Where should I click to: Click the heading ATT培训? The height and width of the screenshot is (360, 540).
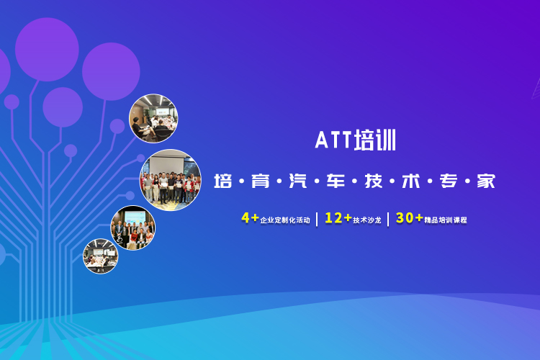[x=356, y=140]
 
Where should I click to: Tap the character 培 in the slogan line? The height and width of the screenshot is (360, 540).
[x=222, y=181]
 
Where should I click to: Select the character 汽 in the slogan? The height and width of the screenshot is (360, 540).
[x=298, y=181]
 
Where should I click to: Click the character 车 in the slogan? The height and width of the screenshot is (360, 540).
[x=336, y=181]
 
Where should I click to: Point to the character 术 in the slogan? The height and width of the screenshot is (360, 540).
[x=411, y=181]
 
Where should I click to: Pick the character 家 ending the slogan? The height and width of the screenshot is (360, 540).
[x=486, y=181]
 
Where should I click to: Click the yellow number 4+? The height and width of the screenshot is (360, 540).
[x=250, y=217]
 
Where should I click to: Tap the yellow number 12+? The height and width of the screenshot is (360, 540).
[x=338, y=217]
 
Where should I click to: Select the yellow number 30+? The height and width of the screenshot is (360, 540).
[x=410, y=217]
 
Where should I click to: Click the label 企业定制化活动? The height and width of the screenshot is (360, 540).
[x=285, y=220]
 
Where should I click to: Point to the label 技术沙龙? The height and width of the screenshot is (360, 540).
[x=367, y=220]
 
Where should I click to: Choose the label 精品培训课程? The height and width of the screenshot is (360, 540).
[x=446, y=220]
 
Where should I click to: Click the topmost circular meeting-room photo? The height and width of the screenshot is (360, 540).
[x=153, y=118]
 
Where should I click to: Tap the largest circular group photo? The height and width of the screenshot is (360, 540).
[x=170, y=180]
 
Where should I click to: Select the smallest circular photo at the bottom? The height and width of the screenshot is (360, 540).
[x=101, y=256]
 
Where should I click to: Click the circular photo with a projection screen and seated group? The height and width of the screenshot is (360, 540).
[x=133, y=228]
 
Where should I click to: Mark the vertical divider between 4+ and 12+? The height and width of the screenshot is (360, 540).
[x=317, y=219]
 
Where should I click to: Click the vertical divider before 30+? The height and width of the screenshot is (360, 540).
[x=388, y=219]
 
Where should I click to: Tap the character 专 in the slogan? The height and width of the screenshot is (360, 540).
[x=449, y=181]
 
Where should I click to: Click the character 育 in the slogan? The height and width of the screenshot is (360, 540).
[x=261, y=181]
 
